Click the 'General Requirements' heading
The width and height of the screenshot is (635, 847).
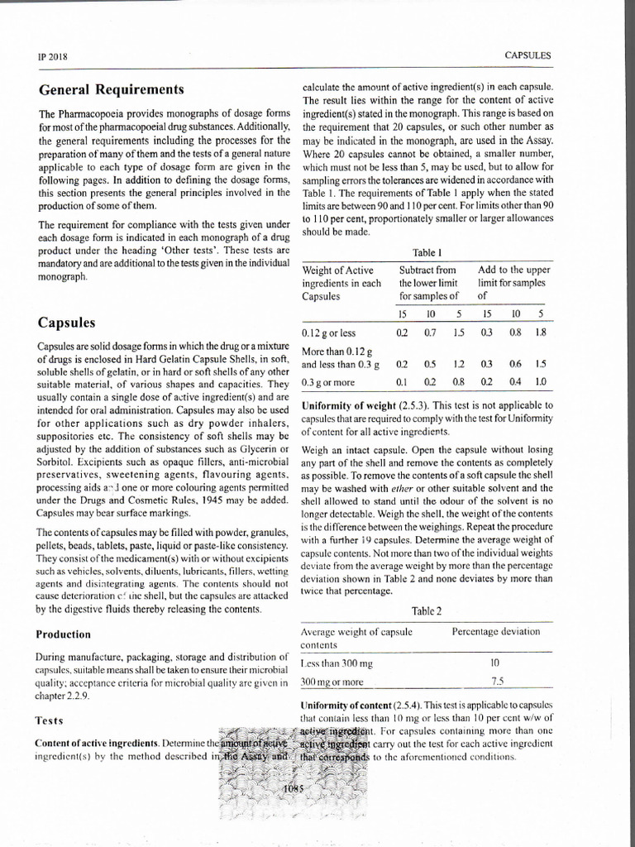(111, 89)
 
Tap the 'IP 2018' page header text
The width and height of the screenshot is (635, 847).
(52, 56)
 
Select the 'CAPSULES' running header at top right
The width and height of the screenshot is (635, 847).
(528, 55)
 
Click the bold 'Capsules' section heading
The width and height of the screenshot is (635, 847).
(66, 322)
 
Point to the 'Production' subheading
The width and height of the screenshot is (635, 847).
(64, 634)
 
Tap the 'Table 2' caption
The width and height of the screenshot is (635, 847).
(427, 611)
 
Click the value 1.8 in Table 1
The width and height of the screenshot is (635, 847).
(541, 333)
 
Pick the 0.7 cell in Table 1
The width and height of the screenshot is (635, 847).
(430, 333)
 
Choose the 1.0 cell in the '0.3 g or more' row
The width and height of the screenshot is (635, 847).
(541, 381)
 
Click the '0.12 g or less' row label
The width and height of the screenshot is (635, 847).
(329, 333)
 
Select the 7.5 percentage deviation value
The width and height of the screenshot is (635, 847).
(496, 682)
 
